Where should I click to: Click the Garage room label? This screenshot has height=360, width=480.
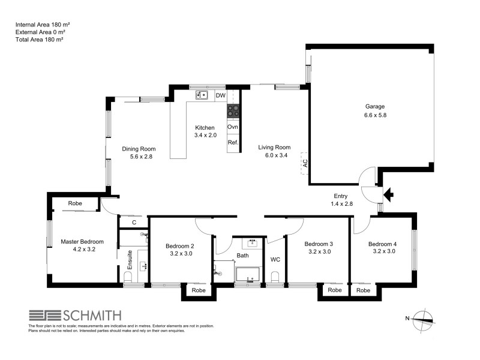pyautogui.click(x=374, y=106)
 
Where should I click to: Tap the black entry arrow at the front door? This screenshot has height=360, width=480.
pyautogui.click(x=388, y=194)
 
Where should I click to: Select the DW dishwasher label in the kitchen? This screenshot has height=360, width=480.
pyautogui.click(x=220, y=95)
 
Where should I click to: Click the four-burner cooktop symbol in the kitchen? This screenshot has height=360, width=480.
pyautogui.click(x=233, y=111)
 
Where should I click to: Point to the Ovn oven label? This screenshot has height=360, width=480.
pyautogui.click(x=233, y=127)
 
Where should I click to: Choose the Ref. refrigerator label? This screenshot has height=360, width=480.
pyautogui.click(x=233, y=143)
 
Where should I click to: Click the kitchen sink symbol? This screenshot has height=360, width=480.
pyautogui.click(x=202, y=95)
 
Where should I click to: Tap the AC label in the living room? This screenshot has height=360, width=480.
pyautogui.click(x=305, y=162)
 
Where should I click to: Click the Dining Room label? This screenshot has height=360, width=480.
pyautogui.click(x=139, y=149)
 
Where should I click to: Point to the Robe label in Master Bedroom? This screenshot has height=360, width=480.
pyautogui.click(x=75, y=203)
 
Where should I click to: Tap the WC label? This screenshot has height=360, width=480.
pyautogui.click(x=275, y=260)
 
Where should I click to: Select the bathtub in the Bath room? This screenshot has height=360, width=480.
pyautogui.click(x=247, y=275)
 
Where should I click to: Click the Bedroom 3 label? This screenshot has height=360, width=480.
pyautogui.click(x=318, y=244)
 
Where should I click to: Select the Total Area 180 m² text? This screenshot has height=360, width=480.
pyautogui.click(x=40, y=39)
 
